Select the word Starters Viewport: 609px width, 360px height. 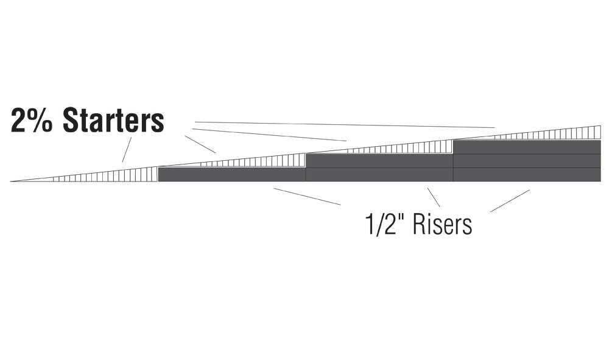(113, 121)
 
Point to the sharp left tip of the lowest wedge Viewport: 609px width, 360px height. (10, 182)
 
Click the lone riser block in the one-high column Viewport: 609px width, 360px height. (232, 175)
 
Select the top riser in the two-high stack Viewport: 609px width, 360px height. (379, 161)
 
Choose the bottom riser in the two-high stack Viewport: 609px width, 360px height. (379, 175)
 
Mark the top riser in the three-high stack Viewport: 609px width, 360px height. (527, 147)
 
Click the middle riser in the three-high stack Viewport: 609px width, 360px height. (527, 161)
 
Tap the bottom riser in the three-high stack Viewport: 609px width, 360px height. (527, 175)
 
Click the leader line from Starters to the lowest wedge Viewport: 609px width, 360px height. (127, 149)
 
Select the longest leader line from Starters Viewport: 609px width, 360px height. (345, 125)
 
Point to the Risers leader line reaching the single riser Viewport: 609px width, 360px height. (307, 197)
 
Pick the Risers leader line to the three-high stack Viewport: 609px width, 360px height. (510, 201)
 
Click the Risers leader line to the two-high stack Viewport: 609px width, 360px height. (434, 197)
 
